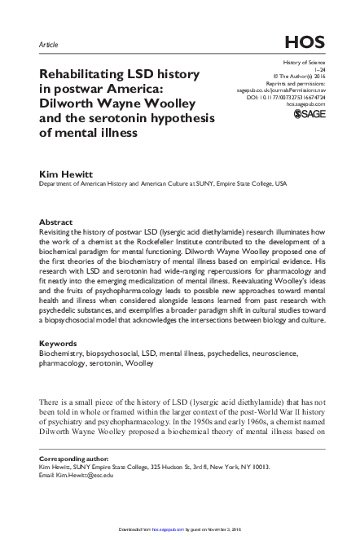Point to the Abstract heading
coord(55,222)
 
